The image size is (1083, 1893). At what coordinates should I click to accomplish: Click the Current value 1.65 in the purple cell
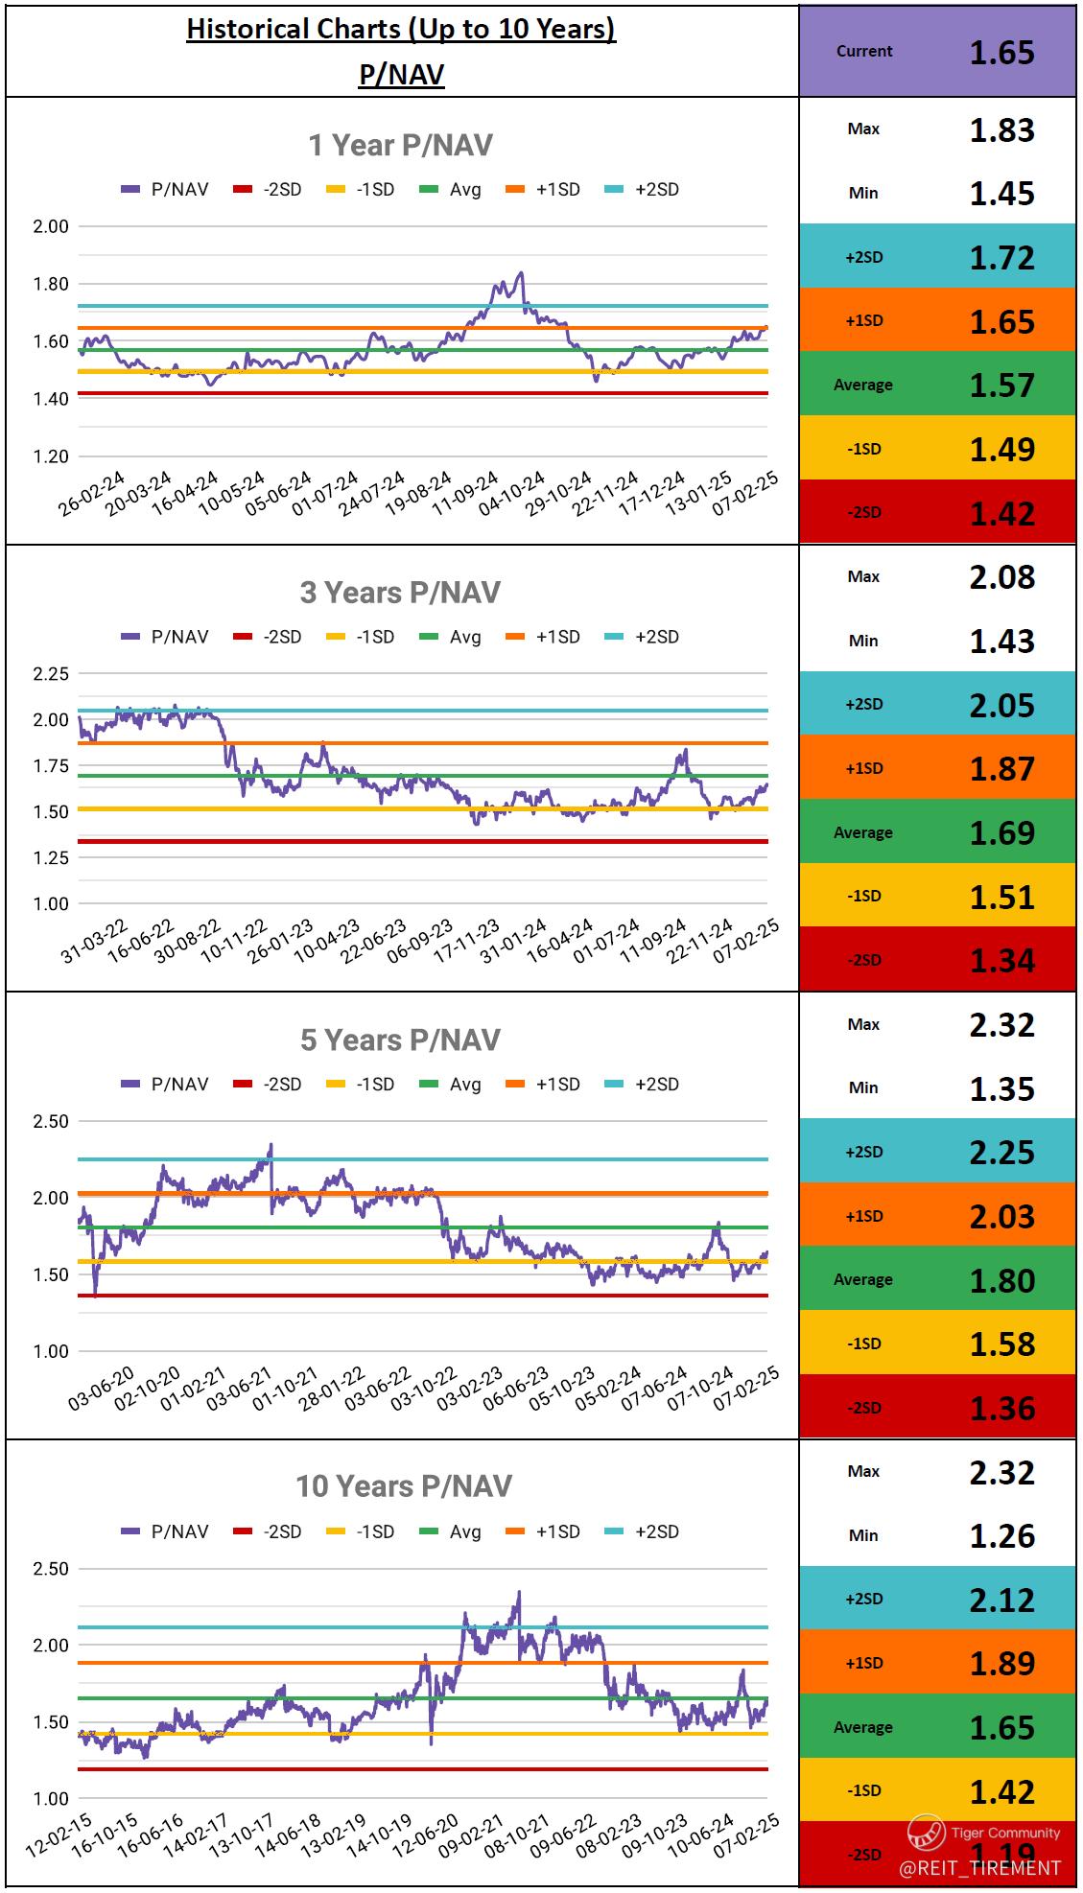click(1001, 52)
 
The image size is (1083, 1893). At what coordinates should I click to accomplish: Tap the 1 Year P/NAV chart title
click(400, 145)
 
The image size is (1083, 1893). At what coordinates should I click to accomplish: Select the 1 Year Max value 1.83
click(1001, 129)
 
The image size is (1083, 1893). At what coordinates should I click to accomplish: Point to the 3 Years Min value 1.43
click(1001, 641)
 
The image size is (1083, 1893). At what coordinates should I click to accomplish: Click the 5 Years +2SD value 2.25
click(1001, 1152)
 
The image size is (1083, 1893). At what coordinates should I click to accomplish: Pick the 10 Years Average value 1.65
click(1001, 1727)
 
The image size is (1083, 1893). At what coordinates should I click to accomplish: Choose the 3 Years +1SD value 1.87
click(1001, 768)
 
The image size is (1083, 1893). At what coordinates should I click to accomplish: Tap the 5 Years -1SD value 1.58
click(1001, 1344)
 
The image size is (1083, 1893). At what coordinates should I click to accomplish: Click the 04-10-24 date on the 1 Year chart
click(512, 493)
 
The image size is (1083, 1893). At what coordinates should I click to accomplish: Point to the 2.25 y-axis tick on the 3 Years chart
click(51, 674)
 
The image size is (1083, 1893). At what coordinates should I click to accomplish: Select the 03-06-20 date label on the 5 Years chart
click(102, 1390)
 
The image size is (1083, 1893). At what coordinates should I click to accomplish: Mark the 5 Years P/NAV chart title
click(400, 1040)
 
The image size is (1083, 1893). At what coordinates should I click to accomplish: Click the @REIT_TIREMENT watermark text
click(979, 1867)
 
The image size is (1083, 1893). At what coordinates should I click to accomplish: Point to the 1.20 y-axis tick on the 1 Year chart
click(51, 456)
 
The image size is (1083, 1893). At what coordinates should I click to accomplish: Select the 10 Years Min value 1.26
click(1001, 1535)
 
